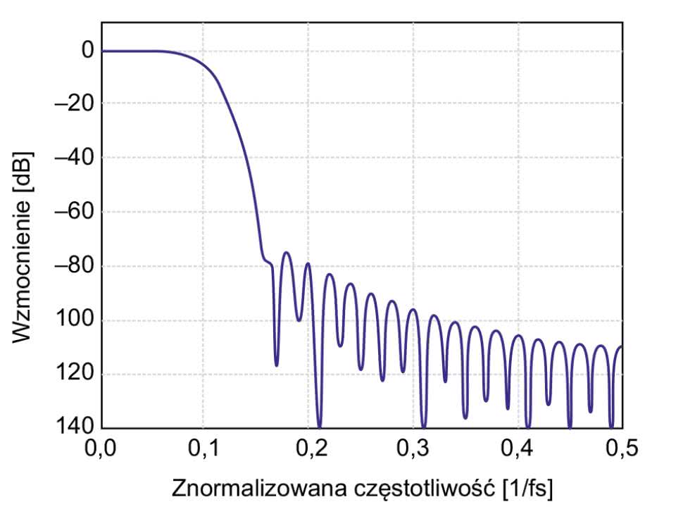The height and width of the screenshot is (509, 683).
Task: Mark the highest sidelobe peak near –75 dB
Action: [286, 253]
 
